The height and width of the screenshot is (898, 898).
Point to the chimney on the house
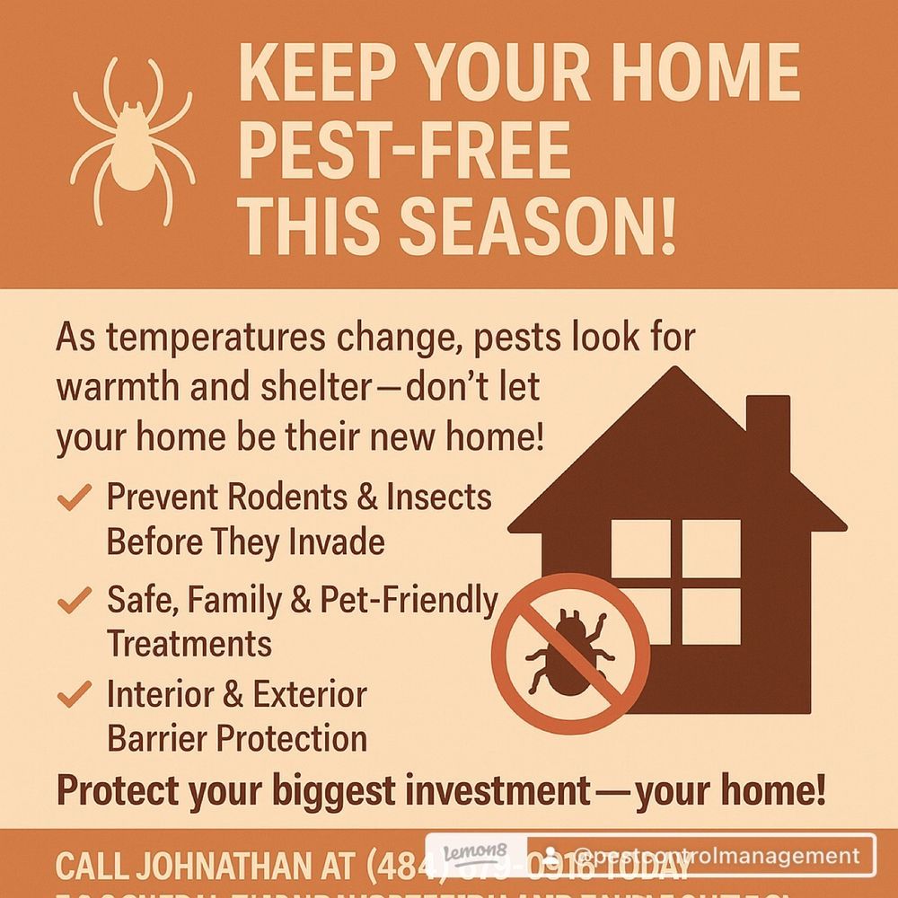pyautogui.click(x=768, y=431)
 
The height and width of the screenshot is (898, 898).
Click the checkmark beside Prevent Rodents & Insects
pyautogui.click(x=75, y=497)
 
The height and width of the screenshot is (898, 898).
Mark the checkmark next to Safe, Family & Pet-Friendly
pyautogui.click(x=75, y=597)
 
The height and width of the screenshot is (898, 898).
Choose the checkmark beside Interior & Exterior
pyautogui.click(x=75, y=694)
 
